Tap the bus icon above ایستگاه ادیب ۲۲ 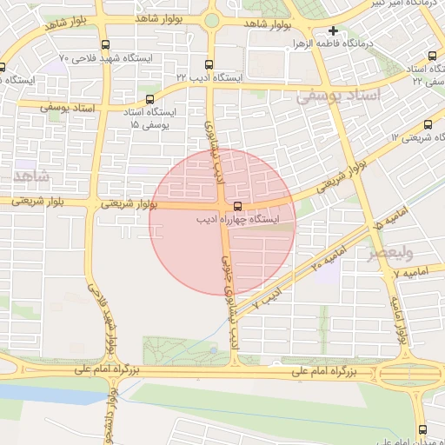tap(207, 63)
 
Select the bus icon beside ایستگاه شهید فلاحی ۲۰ tap(105, 44)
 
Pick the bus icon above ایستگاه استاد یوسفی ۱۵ tap(149, 99)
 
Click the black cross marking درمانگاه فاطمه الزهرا tap(333, 30)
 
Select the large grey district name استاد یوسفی tap(339, 96)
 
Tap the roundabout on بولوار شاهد tap(211, 20)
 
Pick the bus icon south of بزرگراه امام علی tap(423, 428)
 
